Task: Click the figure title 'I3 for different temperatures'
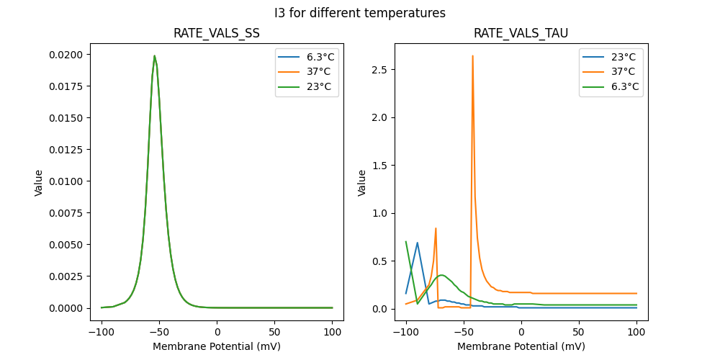[x=359, y=13]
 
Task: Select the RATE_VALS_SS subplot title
[x=217, y=34]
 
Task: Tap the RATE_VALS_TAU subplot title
[x=521, y=34]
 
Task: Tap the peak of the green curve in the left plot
[x=154, y=55]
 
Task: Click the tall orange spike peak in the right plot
[x=472, y=55]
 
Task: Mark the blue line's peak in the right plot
[x=417, y=243]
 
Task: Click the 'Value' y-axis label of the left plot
[x=39, y=183]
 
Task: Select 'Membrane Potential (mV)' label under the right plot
[x=521, y=346]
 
